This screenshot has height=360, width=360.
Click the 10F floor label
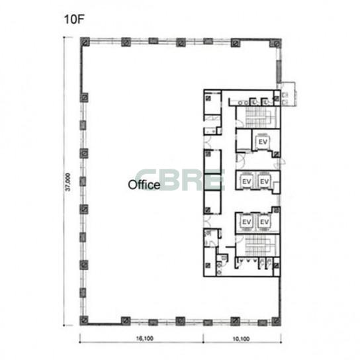tap(74, 19)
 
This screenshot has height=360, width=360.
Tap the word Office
tap(144, 185)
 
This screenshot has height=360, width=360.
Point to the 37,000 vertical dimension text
tap(68, 182)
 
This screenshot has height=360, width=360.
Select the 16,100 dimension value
tap(145, 338)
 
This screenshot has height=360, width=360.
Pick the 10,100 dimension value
tap(241, 339)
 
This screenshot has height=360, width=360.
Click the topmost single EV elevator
tap(263, 142)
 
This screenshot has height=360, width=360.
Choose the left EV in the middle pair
tap(246, 181)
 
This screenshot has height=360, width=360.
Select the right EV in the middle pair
tap(264, 181)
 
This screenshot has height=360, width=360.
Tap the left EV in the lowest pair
tap(246, 222)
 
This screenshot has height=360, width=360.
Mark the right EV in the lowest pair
tap(264, 222)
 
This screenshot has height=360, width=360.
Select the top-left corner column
tap(85, 42)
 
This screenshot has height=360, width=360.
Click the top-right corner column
tap(275, 43)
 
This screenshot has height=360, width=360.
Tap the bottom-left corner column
tap(84, 320)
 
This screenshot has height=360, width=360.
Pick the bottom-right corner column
tap(276, 321)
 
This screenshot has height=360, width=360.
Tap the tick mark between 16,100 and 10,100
tap(203, 339)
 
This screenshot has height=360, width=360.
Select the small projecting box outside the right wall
tap(289, 94)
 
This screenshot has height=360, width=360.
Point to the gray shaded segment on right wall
tap(279, 71)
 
